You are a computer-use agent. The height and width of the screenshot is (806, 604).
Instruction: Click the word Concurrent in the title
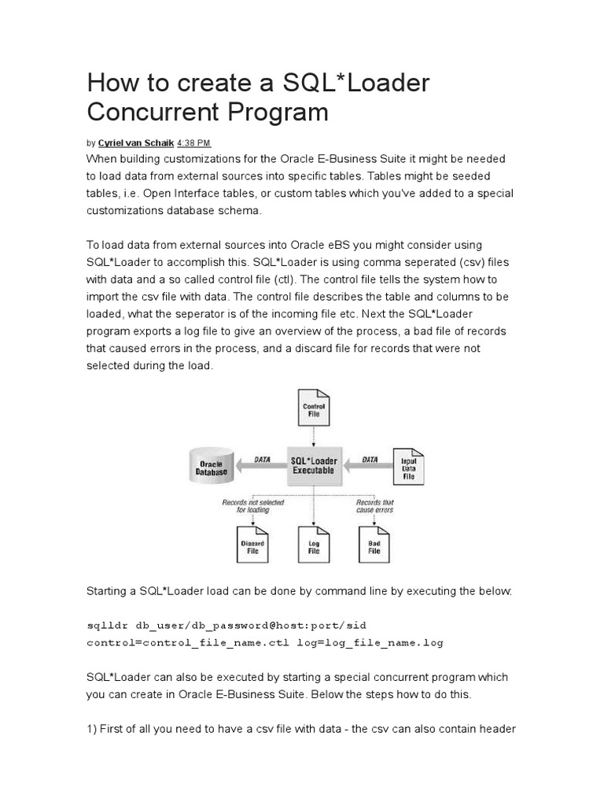tap(147, 112)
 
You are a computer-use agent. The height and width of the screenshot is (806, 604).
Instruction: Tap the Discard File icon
tap(252, 545)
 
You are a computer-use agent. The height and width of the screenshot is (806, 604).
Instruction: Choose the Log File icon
tap(314, 545)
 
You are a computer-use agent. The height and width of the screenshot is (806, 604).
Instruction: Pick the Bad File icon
tap(374, 545)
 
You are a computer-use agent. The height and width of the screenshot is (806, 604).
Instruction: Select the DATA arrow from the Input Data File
tap(368, 464)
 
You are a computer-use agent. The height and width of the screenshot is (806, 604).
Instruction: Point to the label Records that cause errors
tap(374, 505)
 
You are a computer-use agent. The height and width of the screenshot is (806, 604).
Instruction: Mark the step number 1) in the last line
tap(92, 729)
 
